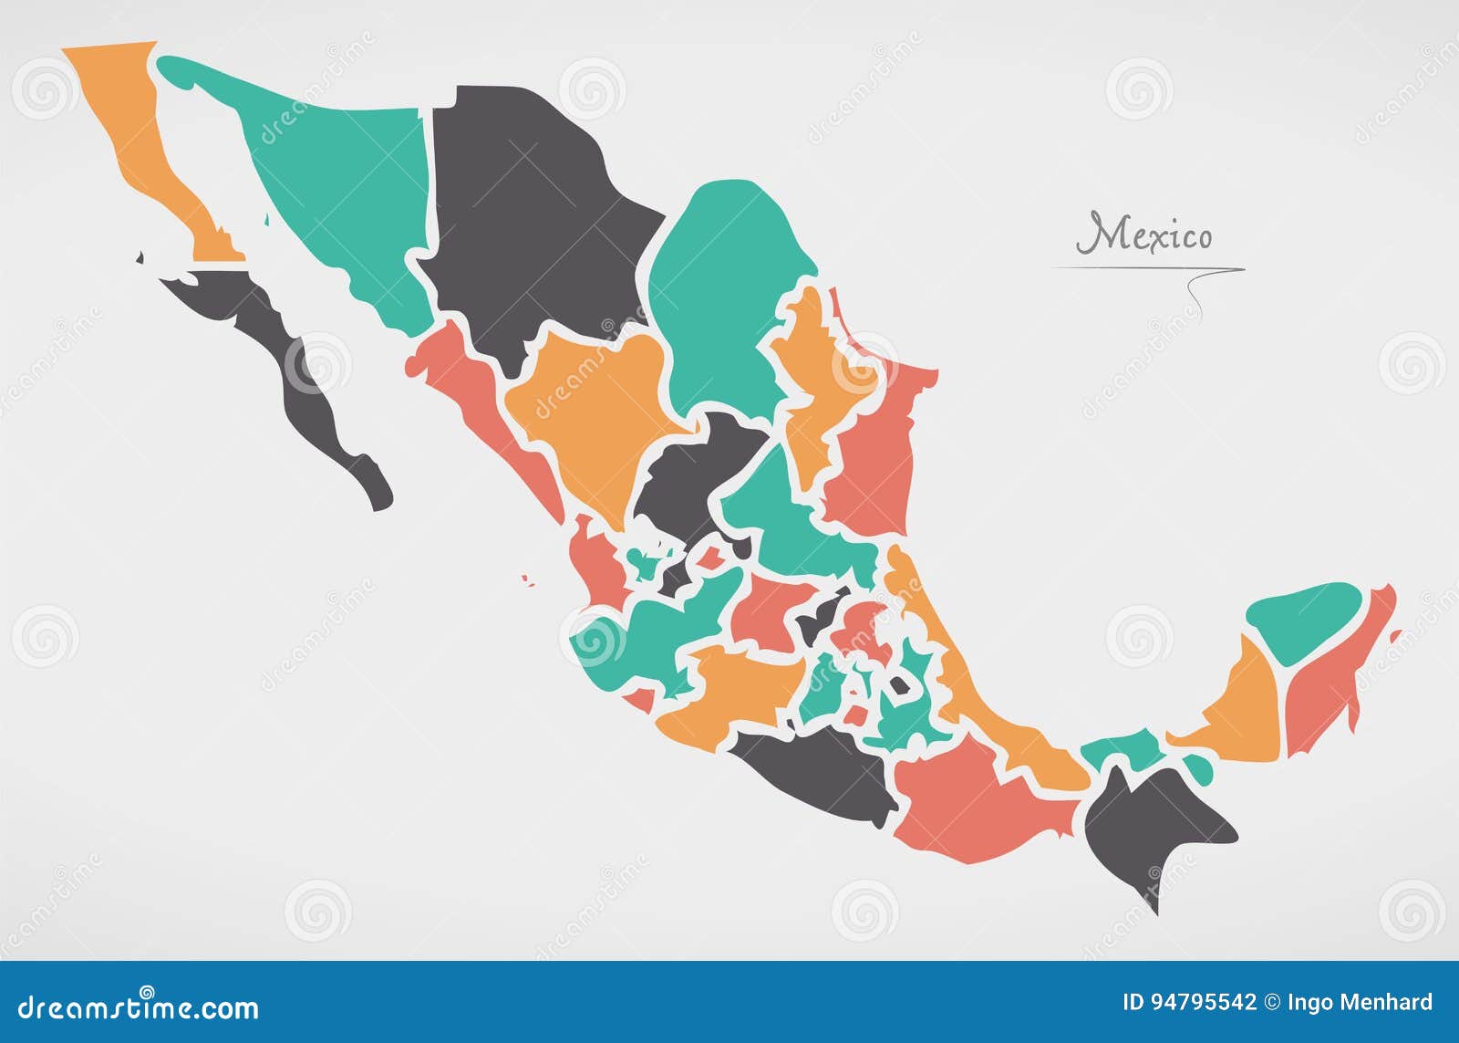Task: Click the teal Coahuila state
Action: tap(720, 292)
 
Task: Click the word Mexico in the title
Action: tap(1145, 235)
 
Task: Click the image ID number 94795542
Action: tap(1204, 1003)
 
